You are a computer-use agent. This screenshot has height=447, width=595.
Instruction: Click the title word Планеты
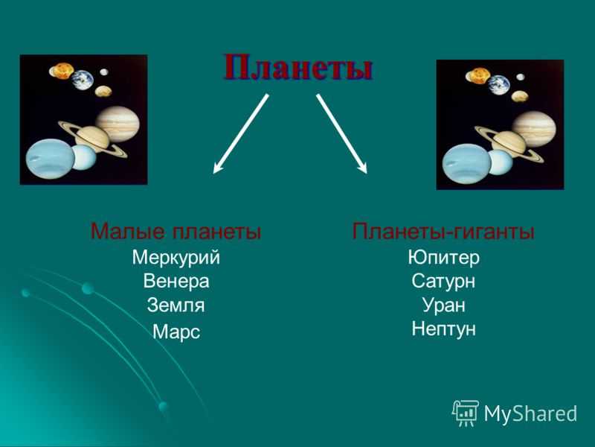coord(298,67)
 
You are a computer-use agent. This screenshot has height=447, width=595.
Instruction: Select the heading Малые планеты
coord(176,231)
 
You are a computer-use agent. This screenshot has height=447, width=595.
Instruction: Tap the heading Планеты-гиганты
coord(443,231)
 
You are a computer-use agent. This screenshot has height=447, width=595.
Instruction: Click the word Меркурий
coord(176,258)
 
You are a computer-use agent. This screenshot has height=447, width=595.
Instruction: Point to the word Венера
coord(176,282)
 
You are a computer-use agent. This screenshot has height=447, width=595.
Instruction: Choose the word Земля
coord(176,305)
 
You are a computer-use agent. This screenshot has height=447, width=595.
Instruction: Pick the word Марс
coord(176,332)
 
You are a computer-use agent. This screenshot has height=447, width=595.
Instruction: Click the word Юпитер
coord(443,258)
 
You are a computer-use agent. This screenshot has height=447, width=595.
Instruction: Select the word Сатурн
coord(443,282)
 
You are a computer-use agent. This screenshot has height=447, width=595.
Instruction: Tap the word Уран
coord(443,305)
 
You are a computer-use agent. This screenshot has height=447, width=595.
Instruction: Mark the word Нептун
coord(443,329)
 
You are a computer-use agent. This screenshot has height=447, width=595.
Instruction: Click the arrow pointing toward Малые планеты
coord(241,134)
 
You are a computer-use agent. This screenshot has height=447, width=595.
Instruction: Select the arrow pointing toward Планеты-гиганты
coord(342,134)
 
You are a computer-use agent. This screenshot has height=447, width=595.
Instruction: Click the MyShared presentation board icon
coord(466,413)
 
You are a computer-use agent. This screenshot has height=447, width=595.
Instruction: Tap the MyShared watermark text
coord(530,413)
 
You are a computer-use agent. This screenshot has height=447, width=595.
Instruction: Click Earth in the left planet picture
coord(83,80)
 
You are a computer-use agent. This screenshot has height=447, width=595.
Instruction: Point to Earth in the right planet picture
coord(498,85)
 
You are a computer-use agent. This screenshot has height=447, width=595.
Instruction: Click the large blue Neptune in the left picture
coord(50,159)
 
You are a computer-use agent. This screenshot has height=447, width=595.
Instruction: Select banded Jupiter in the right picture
coord(534,129)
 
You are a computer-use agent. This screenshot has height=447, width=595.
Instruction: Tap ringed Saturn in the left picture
coord(92,139)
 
